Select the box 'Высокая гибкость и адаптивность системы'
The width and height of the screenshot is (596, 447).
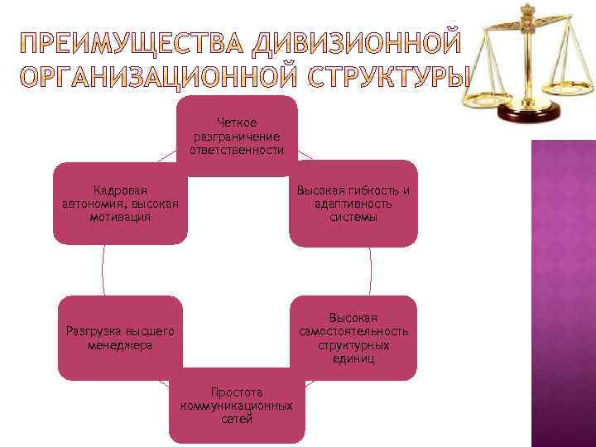tap(353, 204)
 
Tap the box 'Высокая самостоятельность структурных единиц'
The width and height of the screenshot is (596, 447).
tap(353, 338)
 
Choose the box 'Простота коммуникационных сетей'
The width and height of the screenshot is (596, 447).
tap(237, 406)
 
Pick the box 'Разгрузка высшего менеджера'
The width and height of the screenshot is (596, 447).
tap(120, 338)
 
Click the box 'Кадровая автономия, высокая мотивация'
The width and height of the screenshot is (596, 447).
tap(120, 204)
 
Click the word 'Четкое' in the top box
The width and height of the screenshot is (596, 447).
tap(237, 123)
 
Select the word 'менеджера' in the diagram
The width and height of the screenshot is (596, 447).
tap(120, 345)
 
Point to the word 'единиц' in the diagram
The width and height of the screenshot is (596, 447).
tap(353, 358)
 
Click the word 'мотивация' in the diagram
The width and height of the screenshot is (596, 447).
tap(120, 217)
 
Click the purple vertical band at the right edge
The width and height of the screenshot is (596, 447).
tap(563, 290)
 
